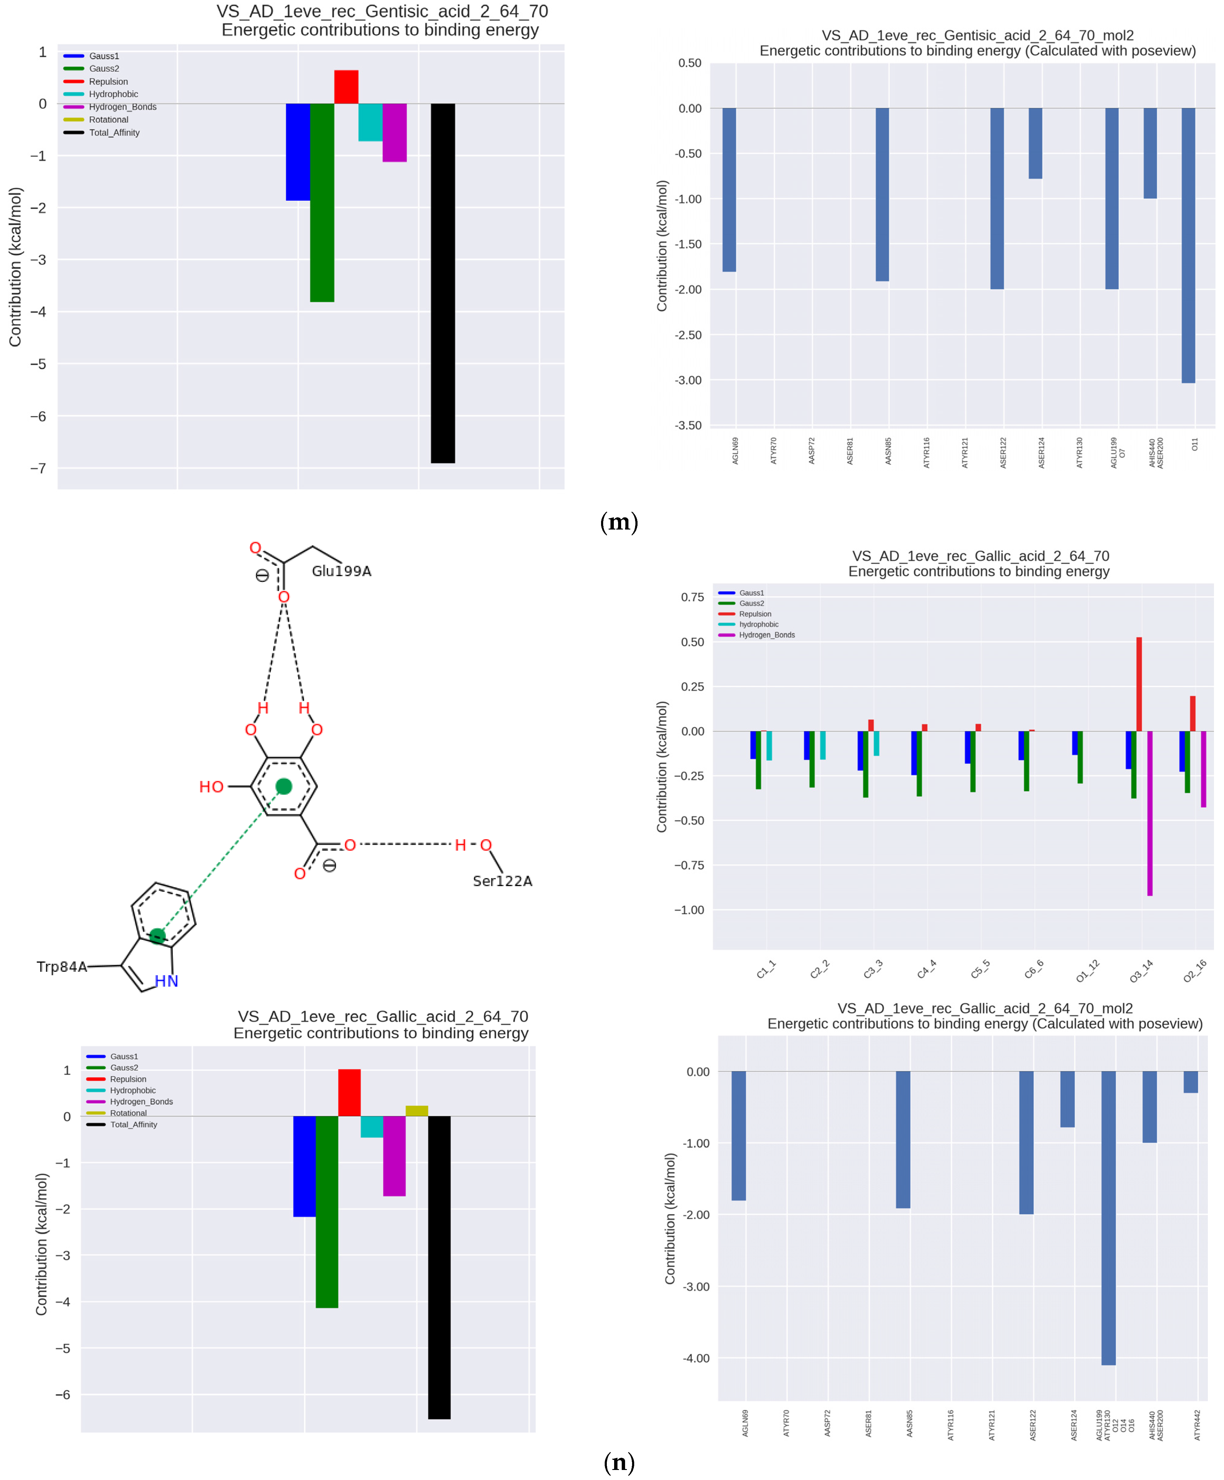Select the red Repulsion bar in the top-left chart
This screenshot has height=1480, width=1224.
346,87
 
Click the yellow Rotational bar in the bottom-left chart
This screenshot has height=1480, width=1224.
417,1111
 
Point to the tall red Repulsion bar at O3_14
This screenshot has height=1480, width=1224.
1139,684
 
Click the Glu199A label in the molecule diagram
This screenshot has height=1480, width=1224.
341,571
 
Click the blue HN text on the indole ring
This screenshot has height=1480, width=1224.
166,981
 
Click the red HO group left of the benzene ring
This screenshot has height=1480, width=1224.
211,787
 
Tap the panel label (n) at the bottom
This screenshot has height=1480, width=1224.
619,1462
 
